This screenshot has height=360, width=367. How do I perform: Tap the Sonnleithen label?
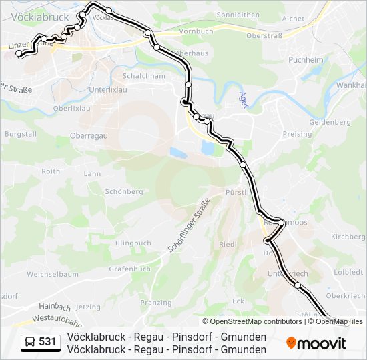[238, 14]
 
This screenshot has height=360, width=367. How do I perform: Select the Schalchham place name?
[144, 76]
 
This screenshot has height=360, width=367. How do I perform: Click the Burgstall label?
[21, 134]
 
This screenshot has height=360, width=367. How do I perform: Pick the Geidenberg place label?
[330, 123]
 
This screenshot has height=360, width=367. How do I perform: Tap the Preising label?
[297, 134]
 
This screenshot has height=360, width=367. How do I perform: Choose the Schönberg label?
[123, 191]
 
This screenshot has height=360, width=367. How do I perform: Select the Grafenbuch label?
[129, 269]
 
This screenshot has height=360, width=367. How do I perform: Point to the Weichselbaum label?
[53, 274]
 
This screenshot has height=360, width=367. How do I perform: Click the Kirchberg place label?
[348, 237]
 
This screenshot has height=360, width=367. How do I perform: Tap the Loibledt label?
[349, 272]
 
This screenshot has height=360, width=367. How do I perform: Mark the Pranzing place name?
[156, 303]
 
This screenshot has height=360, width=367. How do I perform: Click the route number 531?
[47, 342]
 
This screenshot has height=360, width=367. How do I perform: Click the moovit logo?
[316, 343]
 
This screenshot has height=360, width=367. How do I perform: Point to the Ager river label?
[243, 99]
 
